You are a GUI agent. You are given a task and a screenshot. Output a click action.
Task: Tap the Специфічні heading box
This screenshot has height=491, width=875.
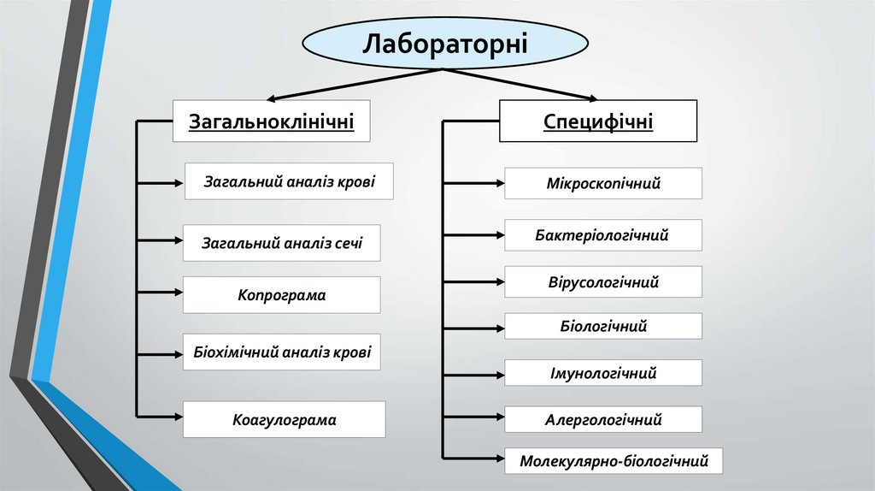click(x=598, y=121)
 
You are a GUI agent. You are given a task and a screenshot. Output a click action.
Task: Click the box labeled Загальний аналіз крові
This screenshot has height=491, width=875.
click(x=289, y=181)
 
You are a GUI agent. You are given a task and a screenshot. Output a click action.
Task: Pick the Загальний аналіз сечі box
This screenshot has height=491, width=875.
click(x=281, y=243)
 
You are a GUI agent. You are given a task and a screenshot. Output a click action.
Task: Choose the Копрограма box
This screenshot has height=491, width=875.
click(x=281, y=295)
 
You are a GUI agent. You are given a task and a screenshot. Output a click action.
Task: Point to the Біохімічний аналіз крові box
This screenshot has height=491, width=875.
click(x=281, y=352)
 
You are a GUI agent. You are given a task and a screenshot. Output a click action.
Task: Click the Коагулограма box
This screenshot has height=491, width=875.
click(x=284, y=420)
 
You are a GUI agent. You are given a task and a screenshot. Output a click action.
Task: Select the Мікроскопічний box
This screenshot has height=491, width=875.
click(x=603, y=183)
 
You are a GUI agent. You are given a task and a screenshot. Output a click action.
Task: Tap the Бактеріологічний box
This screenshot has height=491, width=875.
click(x=603, y=234)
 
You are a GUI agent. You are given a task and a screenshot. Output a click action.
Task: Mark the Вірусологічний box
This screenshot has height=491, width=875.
click(x=603, y=281)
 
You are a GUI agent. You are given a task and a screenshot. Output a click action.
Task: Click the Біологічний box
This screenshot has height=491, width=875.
click(x=603, y=326)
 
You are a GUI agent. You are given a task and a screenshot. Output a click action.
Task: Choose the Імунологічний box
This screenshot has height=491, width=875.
click(x=603, y=373)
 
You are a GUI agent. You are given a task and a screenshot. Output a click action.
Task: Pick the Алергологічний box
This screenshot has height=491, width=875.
click(x=603, y=419)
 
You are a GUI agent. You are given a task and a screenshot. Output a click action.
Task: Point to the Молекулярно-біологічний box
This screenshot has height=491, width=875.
click(x=614, y=461)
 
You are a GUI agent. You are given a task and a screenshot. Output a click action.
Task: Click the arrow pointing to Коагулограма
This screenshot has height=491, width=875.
click(x=158, y=415)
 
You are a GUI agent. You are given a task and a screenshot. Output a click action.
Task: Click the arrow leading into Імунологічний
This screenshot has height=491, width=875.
click(x=473, y=373)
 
